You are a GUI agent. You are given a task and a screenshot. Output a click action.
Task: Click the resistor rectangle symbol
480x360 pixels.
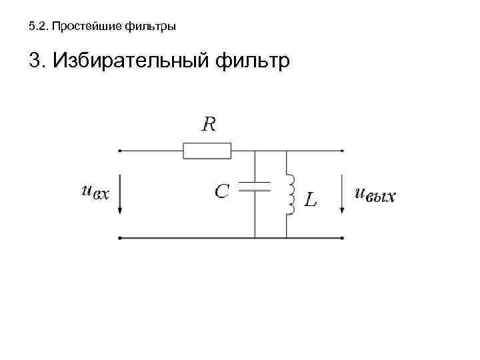click(x=207, y=151)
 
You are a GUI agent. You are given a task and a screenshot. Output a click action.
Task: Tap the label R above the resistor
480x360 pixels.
click(x=209, y=124)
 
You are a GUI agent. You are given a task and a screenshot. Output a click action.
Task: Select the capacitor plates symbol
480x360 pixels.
click(x=255, y=186)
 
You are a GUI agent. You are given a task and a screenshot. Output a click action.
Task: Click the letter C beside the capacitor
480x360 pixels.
click(x=222, y=191)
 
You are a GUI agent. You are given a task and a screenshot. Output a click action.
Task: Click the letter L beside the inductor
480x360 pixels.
click(x=310, y=199)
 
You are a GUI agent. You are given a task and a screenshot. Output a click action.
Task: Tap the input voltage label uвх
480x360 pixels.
click(x=95, y=192)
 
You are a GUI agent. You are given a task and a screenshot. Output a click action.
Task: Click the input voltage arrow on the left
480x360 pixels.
click(x=120, y=193)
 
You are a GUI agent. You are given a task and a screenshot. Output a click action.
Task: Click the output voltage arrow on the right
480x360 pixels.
click(x=343, y=193)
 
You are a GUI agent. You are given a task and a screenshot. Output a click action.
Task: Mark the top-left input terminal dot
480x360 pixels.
click(x=120, y=151)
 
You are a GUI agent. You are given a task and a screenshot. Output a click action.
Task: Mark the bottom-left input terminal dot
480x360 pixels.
click(x=120, y=237)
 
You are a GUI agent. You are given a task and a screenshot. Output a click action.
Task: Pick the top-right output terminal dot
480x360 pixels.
click(x=343, y=151)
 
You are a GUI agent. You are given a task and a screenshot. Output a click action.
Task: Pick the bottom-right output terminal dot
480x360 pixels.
click(x=343, y=237)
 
